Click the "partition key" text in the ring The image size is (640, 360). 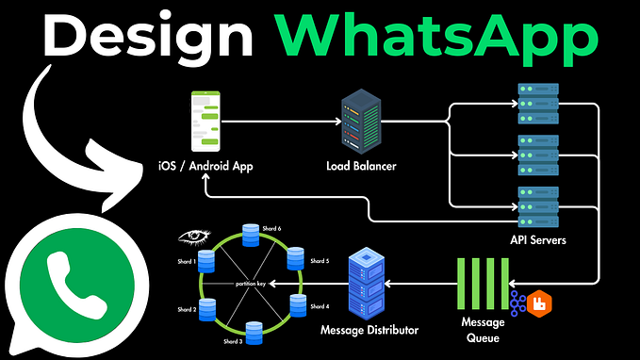point(252,283)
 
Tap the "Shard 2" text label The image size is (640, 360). point(186,309)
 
